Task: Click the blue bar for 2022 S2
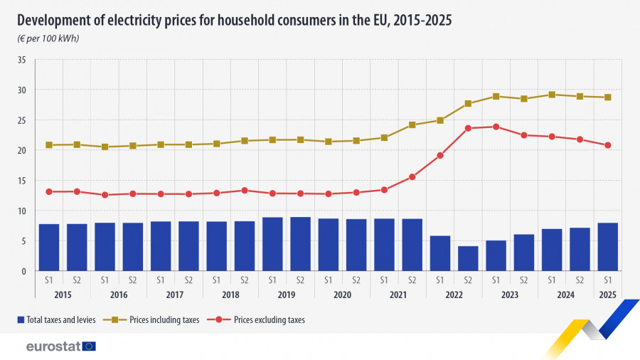pyautogui.click(x=468, y=258)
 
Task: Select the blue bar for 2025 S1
pyautogui.click(x=607, y=247)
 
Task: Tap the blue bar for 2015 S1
pyautogui.click(x=49, y=248)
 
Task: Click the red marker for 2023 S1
pyautogui.click(x=496, y=127)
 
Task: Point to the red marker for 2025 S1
pyautogui.click(x=607, y=145)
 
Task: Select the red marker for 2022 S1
pyautogui.click(x=440, y=155)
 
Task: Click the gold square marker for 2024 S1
pyautogui.click(x=552, y=94)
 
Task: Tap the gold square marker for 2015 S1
pyautogui.click(x=49, y=145)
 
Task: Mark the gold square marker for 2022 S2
pyautogui.click(x=468, y=104)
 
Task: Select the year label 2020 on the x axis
pyautogui.click(x=342, y=294)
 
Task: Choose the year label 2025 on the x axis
pyautogui.click(x=607, y=294)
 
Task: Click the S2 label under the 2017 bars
pyautogui.click(x=188, y=280)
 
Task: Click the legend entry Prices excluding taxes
pyautogui.click(x=269, y=320)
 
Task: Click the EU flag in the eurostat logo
pyautogui.click(x=89, y=346)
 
